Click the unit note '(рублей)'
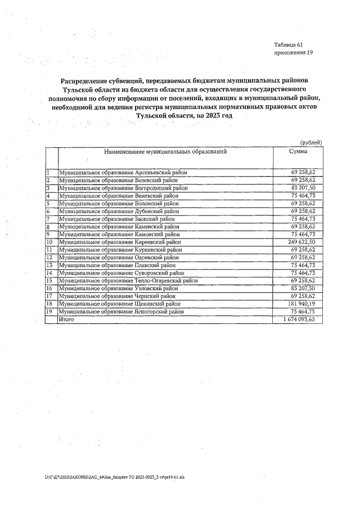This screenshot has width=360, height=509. (x=311, y=143)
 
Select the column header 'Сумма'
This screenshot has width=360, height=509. (x=298, y=152)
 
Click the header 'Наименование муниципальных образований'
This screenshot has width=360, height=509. (x=165, y=152)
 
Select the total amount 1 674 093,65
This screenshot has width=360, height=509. (x=299, y=319)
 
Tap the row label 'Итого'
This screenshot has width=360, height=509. (x=67, y=319)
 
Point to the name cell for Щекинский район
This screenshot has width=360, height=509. (x=119, y=303)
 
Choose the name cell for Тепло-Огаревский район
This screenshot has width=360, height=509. (x=128, y=280)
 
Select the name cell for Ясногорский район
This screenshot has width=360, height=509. (x=121, y=311)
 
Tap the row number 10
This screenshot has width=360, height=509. (x=49, y=242)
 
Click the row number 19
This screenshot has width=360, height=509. (x=49, y=311)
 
